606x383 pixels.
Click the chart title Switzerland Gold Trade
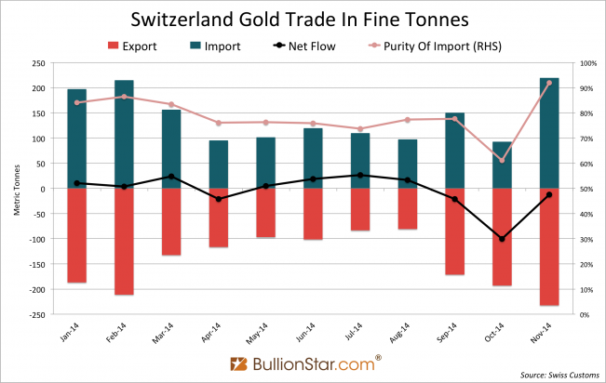(302, 19)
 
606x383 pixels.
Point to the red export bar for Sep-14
(455, 231)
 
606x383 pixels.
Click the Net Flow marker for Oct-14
(503, 239)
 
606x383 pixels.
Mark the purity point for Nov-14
(550, 83)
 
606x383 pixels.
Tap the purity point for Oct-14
(503, 160)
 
